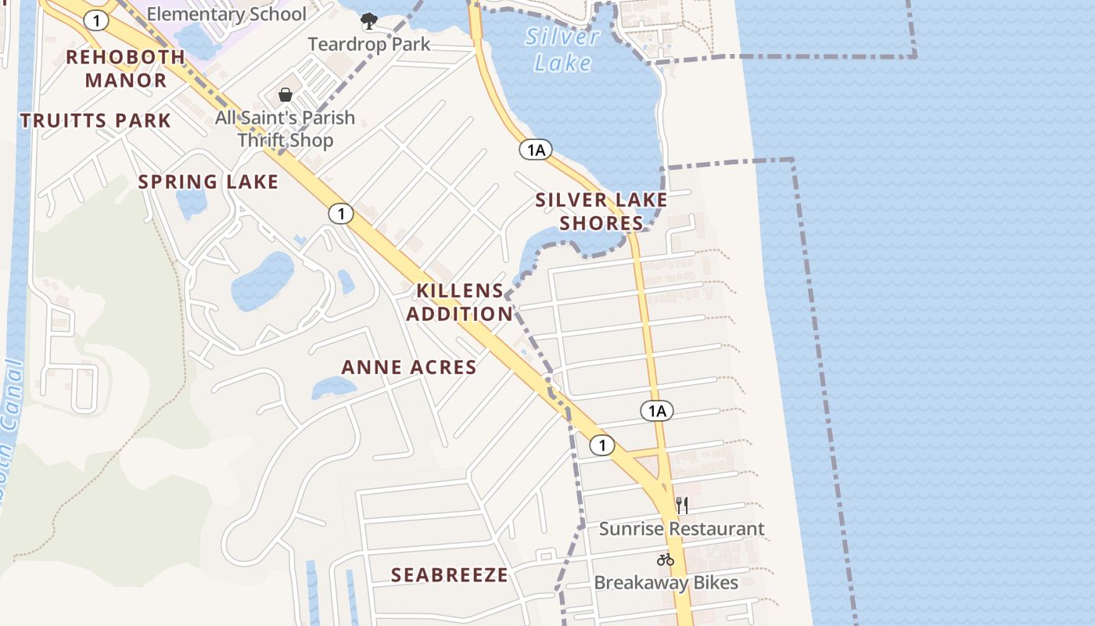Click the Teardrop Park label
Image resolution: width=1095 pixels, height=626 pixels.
coord(369,44)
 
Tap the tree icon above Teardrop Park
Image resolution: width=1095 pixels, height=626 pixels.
coord(368,20)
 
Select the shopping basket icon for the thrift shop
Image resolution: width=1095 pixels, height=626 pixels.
coord(285,95)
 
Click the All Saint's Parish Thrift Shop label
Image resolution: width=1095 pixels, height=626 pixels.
coord(285,129)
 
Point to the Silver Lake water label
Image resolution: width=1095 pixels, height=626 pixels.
coord(562,49)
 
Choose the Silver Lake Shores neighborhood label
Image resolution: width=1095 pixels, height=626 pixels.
coord(601,211)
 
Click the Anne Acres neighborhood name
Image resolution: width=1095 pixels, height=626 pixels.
coord(409,367)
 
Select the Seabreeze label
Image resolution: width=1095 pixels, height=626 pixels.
coord(450,575)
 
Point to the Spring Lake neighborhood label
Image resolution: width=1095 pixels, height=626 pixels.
coord(208,182)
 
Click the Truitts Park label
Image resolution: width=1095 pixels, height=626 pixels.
coord(95,121)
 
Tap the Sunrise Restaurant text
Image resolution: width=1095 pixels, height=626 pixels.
coord(682,529)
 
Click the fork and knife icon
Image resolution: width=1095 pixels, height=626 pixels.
coord(682,505)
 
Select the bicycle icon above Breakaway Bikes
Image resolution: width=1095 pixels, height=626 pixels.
coord(666,559)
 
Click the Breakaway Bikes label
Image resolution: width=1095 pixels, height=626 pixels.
coord(666,583)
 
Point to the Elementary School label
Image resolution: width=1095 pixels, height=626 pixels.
coord(227,14)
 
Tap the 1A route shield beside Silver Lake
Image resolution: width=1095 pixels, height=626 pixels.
coord(536,149)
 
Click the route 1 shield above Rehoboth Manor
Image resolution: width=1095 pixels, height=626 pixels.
coord(96,21)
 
